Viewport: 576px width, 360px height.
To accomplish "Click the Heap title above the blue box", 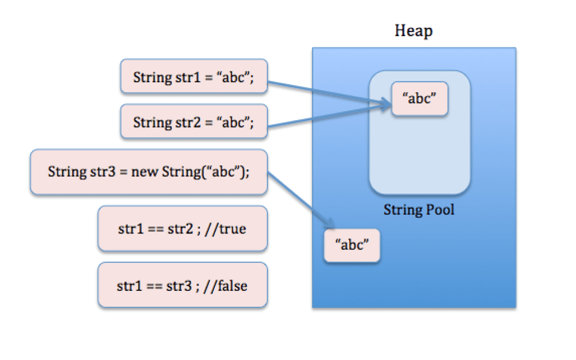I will tap(413, 30).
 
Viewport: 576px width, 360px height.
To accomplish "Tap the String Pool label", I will tap(418, 210).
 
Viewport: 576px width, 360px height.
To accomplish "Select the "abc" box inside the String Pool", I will tap(420, 98).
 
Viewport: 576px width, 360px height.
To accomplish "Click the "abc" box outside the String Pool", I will tap(352, 245).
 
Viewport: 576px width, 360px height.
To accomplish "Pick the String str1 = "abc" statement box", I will tap(193, 76).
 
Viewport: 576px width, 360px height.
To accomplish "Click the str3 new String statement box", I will tap(148, 172).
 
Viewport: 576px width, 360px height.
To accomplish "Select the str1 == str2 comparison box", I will tap(182, 228).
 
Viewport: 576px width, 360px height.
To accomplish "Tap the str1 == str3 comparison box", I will tap(182, 285).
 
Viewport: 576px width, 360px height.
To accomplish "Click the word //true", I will tap(227, 229).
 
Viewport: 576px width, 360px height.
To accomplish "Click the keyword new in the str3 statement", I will tap(145, 172).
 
